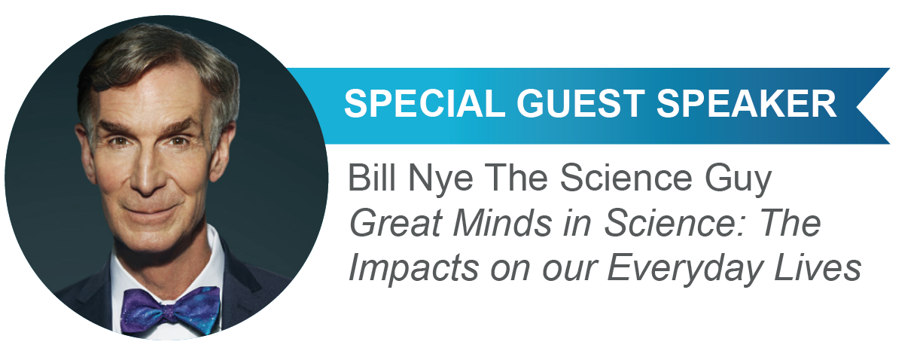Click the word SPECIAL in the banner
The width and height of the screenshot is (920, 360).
(x=425, y=104)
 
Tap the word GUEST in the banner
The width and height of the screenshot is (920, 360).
(x=580, y=104)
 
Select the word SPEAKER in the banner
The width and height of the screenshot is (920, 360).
(x=746, y=104)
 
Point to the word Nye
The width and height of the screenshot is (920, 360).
(x=440, y=181)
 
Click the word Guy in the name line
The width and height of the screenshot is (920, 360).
(x=738, y=181)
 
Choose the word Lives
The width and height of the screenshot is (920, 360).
(x=818, y=267)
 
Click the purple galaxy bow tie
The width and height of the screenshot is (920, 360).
(x=170, y=311)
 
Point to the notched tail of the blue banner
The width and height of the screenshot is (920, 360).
(x=873, y=106)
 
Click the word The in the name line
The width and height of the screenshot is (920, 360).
(x=516, y=178)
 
